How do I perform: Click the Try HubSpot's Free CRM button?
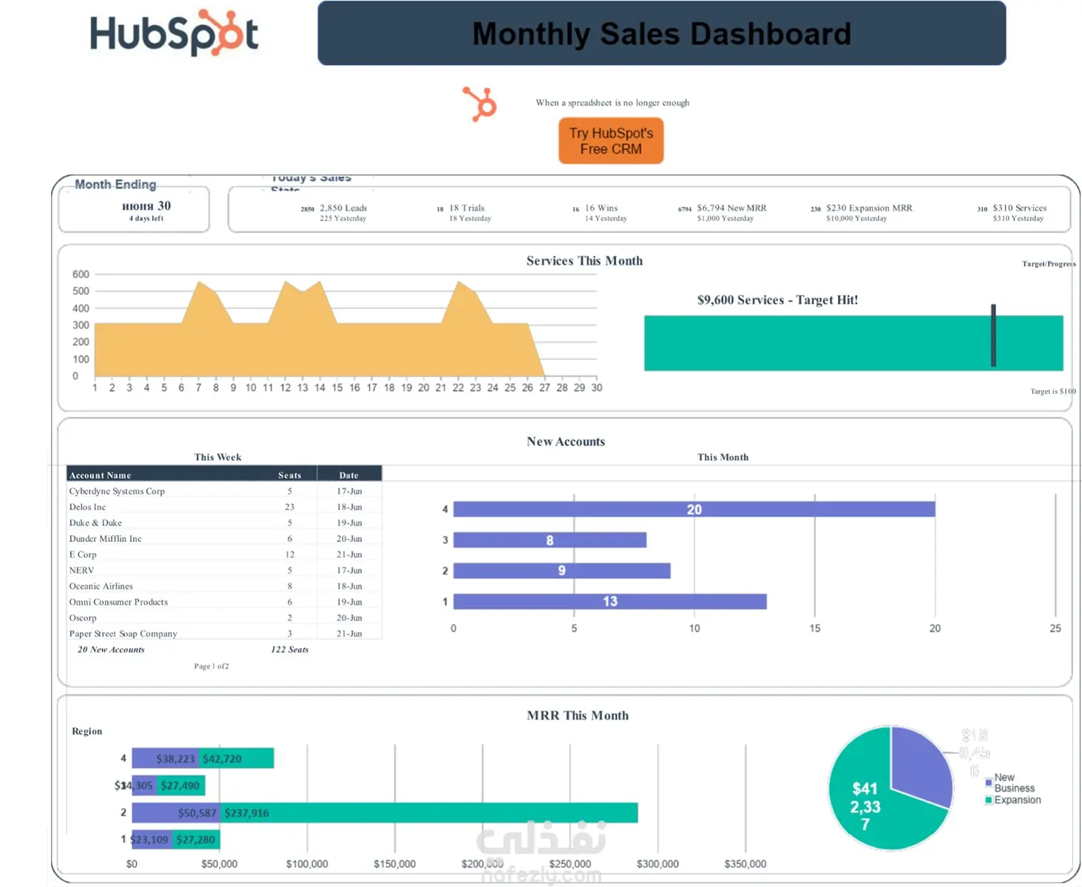pyautogui.click(x=611, y=140)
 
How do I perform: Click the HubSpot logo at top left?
pyautogui.click(x=174, y=34)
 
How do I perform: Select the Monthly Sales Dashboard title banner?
pyautogui.click(x=661, y=34)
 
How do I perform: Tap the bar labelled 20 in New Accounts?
pyautogui.click(x=694, y=509)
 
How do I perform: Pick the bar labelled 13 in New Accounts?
pyautogui.click(x=609, y=602)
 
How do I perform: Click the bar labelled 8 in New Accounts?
pyautogui.click(x=550, y=540)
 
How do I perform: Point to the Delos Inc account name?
pyautogui.click(x=88, y=507)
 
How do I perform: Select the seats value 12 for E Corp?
pyautogui.click(x=290, y=554)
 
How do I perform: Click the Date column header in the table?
pyautogui.click(x=349, y=475)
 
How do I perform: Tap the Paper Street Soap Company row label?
pyautogui.click(x=124, y=633)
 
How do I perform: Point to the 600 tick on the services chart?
pyautogui.click(x=81, y=274)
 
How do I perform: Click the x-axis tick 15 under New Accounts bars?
pyautogui.click(x=814, y=628)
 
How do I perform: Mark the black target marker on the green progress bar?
pyautogui.click(x=993, y=336)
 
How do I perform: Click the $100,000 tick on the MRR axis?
pyautogui.click(x=307, y=863)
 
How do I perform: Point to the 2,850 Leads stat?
pyautogui.click(x=343, y=208)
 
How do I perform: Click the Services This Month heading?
pyautogui.click(x=584, y=261)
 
